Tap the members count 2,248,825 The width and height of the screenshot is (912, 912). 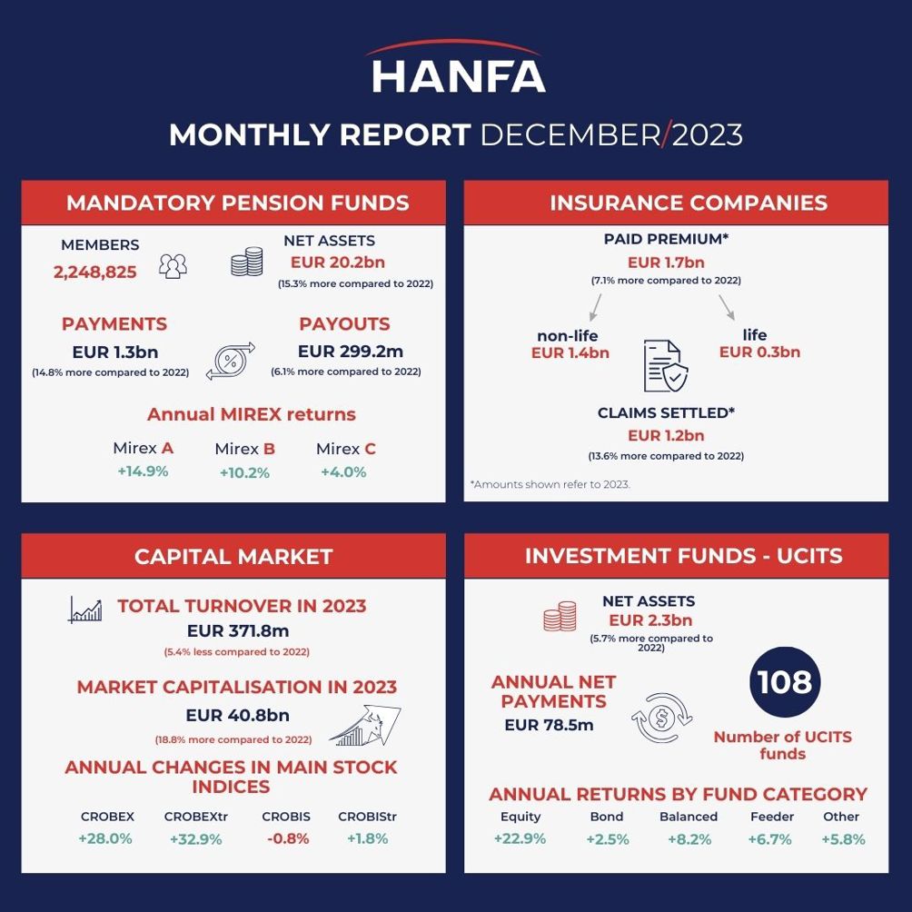click(x=95, y=272)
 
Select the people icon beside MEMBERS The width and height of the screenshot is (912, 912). click(x=173, y=265)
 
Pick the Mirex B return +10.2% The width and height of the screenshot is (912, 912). click(x=244, y=472)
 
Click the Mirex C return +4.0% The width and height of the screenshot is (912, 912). click(x=343, y=472)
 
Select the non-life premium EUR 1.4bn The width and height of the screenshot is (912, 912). click(x=570, y=352)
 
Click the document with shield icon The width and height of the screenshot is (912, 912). click(x=665, y=365)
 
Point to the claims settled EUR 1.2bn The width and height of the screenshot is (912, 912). click(x=666, y=435)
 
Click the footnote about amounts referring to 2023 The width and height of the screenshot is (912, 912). click(x=550, y=484)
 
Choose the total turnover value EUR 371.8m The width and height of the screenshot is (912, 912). click(x=237, y=630)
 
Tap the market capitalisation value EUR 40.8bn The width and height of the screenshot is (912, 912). click(x=237, y=716)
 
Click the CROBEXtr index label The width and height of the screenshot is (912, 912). click(x=195, y=817)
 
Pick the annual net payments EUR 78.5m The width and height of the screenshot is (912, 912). click(x=549, y=725)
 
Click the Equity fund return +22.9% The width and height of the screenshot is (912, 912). click(x=520, y=839)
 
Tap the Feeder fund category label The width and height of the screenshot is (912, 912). click(x=772, y=817)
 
